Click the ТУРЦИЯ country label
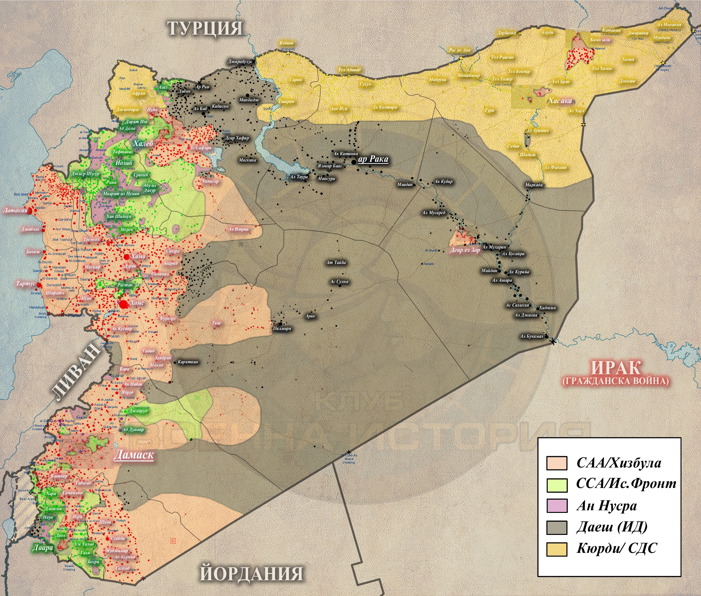(x=205, y=28)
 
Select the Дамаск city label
(x=134, y=455)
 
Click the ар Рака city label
(x=373, y=159)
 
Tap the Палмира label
(x=282, y=328)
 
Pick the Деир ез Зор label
(x=465, y=250)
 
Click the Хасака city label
(x=560, y=100)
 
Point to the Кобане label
(x=287, y=43)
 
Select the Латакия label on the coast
(x=15, y=211)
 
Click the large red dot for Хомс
(x=124, y=304)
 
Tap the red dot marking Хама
(x=126, y=257)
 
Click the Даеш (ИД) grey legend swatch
(x=557, y=527)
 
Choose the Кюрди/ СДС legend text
(x=617, y=548)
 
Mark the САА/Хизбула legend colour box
(x=557, y=463)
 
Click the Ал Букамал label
(x=531, y=336)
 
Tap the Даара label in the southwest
(x=43, y=548)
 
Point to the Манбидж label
(x=249, y=100)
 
